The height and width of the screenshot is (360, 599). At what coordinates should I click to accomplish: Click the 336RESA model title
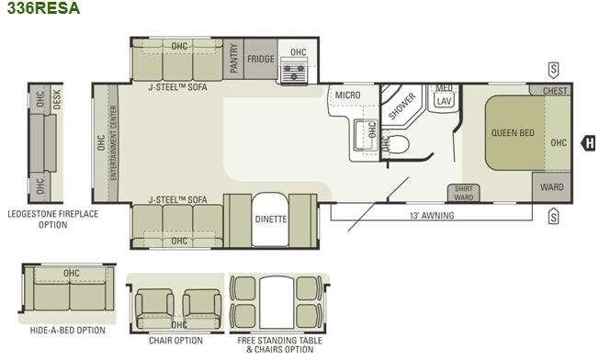point(43,7)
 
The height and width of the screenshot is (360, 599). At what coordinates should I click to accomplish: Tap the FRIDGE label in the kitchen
point(261,59)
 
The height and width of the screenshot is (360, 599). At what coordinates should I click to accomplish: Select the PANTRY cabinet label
point(233,58)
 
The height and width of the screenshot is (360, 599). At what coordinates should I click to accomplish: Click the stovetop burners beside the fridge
point(293,72)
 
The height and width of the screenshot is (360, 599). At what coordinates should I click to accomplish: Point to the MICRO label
point(347,95)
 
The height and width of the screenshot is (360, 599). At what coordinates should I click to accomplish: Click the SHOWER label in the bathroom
point(401,106)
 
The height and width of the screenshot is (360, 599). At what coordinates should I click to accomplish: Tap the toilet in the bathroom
point(398,144)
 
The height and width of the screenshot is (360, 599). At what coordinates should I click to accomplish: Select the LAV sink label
point(444,101)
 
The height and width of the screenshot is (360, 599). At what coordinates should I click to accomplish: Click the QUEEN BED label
point(513,133)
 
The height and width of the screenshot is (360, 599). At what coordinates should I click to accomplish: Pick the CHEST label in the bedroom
point(555,91)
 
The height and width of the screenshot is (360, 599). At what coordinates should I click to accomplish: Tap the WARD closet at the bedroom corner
point(552,187)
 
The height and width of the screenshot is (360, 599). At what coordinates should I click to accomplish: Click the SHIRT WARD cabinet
point(463,193)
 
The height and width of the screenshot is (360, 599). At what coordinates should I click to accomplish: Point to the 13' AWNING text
point(432,215)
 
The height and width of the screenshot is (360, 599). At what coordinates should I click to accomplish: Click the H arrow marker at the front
point(588,143)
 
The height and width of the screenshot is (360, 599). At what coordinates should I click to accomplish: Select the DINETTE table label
point(271,219)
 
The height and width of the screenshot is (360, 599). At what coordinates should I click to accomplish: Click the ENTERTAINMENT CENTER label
point(113,142)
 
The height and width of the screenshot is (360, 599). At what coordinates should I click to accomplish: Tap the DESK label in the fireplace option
point(57,99)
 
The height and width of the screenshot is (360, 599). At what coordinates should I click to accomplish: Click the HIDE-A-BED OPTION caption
point(68,331)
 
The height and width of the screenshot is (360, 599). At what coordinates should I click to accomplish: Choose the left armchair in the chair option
point(154,309)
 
